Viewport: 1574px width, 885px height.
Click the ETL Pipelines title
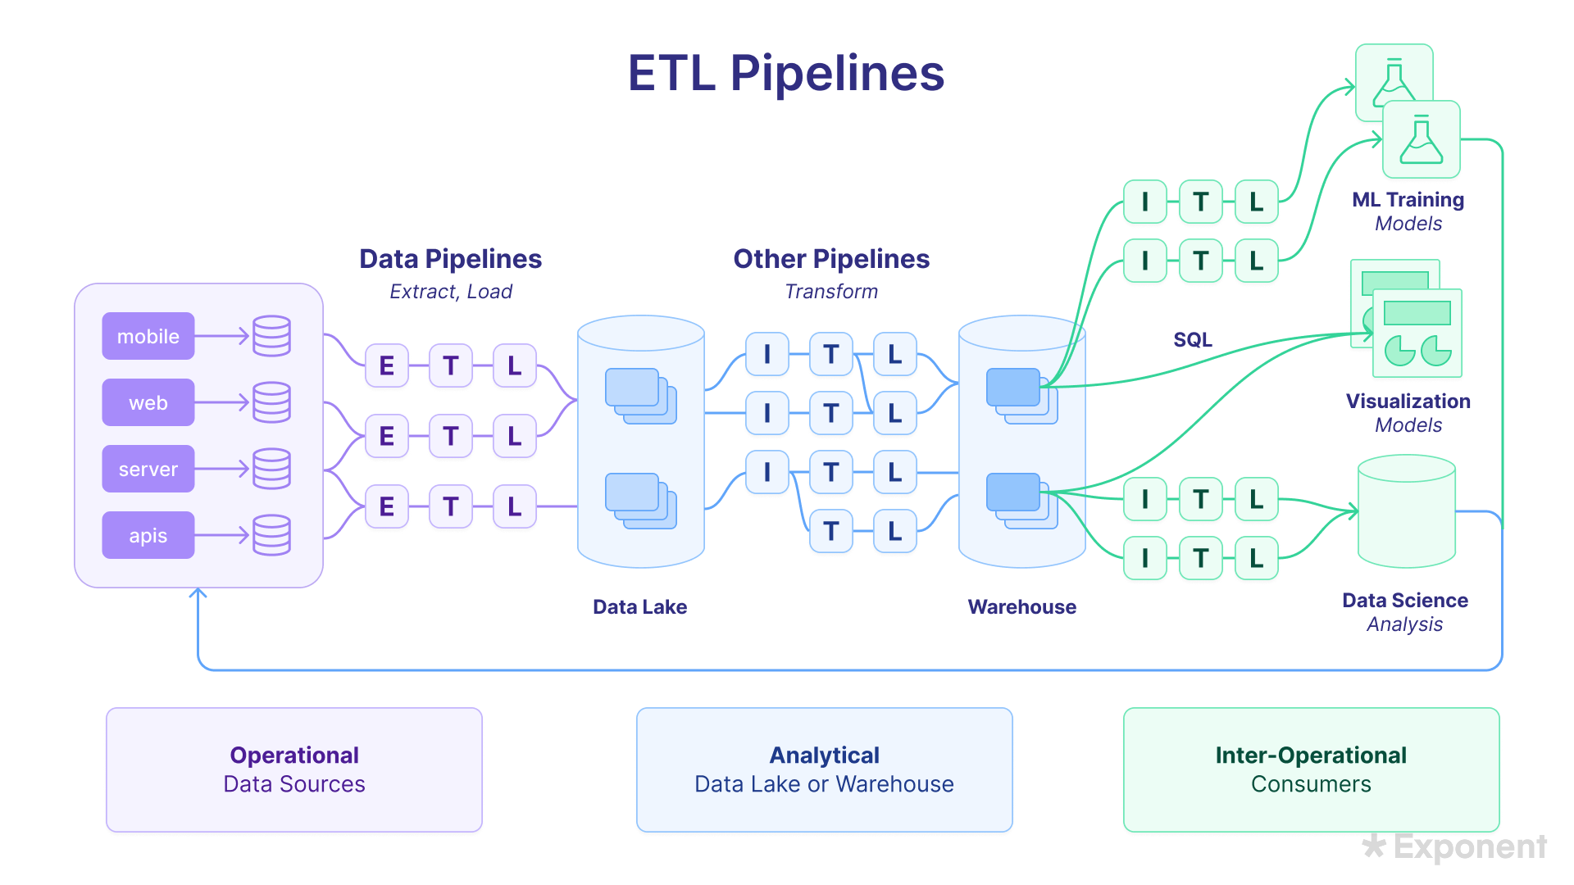[786, 74]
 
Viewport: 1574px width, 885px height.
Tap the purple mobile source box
[148, 336]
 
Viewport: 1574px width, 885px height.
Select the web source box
[148, 402]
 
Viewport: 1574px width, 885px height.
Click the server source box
[148, 469]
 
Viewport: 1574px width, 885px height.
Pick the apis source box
[148, 535]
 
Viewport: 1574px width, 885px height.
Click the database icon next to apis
[271, 535]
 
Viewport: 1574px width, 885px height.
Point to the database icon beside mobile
[271, 336]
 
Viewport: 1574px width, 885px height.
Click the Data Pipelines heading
[450, 259]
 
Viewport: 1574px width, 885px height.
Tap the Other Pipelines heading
[830, 259]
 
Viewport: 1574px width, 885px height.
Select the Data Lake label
[639, 607]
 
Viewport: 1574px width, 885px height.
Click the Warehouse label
[1021, 607]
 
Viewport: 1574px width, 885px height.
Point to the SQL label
[1192, 340]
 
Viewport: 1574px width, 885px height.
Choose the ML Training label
[1408, 200]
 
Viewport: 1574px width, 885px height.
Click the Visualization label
[1408, 402]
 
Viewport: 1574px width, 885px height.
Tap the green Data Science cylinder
[1407, 512]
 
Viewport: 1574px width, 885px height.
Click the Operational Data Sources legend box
[294, 770]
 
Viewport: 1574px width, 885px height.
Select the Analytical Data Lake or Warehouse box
[824, 770]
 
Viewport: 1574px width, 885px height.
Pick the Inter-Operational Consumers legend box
[1311, 770]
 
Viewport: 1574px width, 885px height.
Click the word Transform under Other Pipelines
[830, 292]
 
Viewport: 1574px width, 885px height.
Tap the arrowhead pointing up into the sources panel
[198, 592]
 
